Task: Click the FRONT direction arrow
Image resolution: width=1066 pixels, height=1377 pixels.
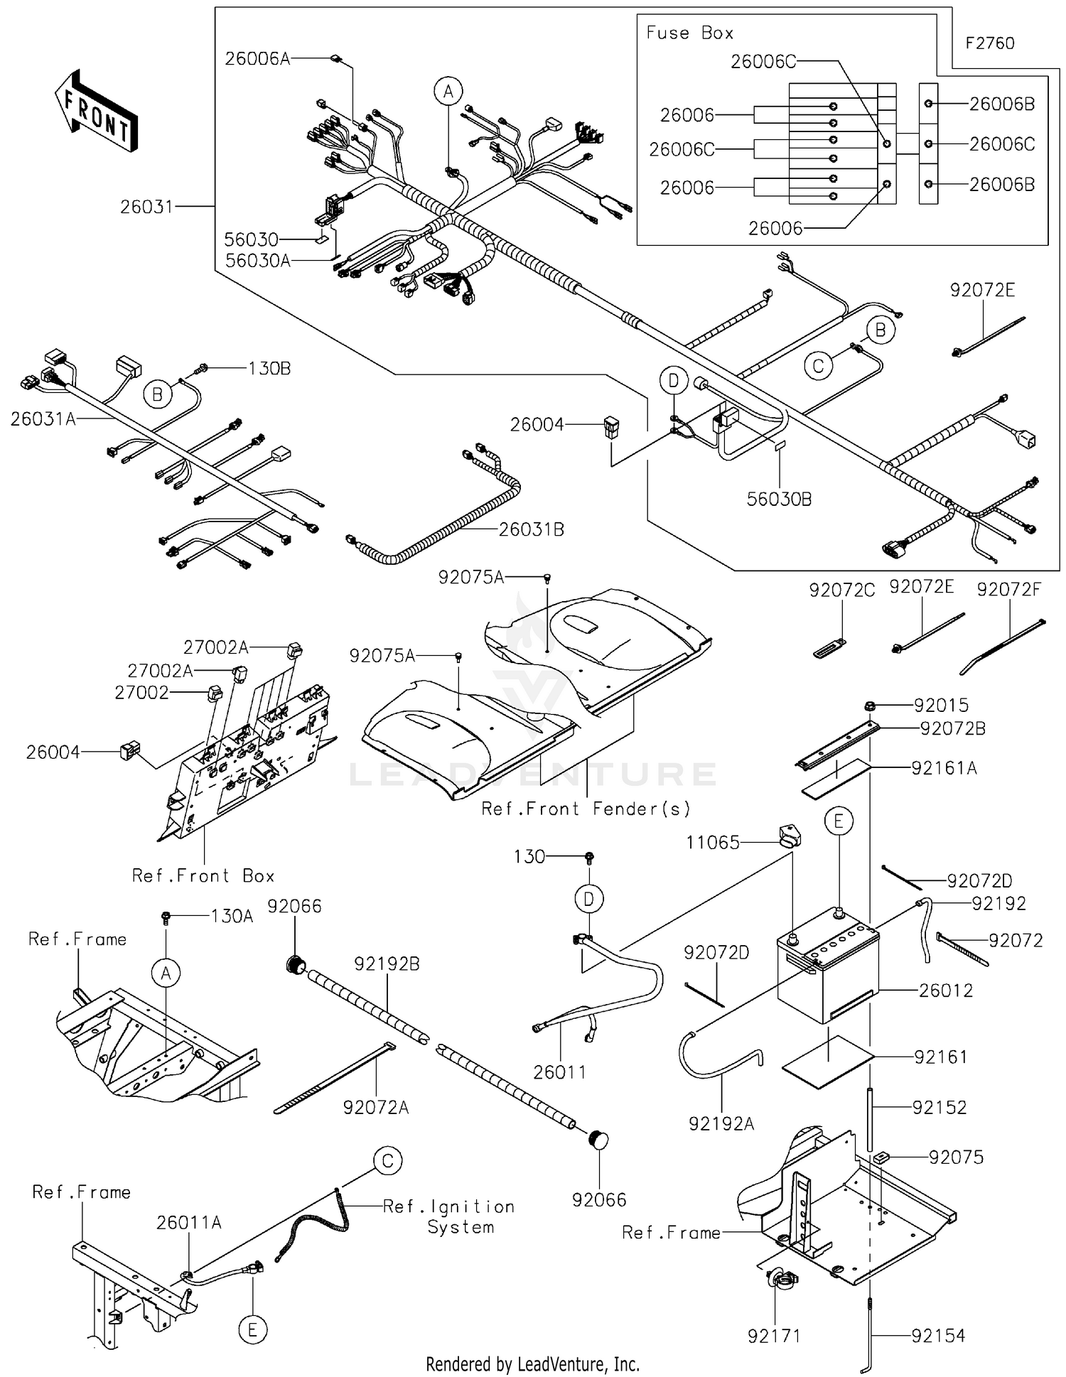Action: (x=96, y=112)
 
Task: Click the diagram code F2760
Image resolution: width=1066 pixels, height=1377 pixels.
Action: (x=989, y=43)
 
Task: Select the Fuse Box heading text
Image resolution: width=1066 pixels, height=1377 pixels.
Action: (x=689, y=33)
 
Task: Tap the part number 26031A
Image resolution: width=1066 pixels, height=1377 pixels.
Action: (x=43, y=419)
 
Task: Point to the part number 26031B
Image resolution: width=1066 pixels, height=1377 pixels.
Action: (x=531, y=529)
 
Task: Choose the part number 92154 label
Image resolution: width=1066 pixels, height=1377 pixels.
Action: (x=938, y=1336)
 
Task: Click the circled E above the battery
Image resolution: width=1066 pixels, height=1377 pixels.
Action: (x=839, y=821)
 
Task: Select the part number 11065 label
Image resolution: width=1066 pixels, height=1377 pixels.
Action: (x=712, y=843)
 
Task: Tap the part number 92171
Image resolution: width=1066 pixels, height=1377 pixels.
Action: (x=774, y=1336)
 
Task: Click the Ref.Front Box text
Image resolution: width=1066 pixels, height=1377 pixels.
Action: (x=203, y=875)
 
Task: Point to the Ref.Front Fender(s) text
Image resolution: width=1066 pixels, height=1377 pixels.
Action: (x=586, y=809)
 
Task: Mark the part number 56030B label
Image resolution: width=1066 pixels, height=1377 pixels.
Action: (x=779, y=499)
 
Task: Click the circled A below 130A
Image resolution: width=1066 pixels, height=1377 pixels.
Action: (x=166, y=973)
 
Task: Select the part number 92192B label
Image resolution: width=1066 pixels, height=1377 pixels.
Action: (x=387, y=964)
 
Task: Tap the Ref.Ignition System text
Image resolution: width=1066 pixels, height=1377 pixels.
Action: (x=449, y=1216)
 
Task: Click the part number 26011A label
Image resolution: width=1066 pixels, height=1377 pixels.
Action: (x=189, y=1222)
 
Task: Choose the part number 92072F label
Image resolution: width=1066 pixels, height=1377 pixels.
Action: (x=1008, y=589)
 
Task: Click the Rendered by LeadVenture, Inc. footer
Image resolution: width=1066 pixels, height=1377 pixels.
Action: (x=532, y=1363)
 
